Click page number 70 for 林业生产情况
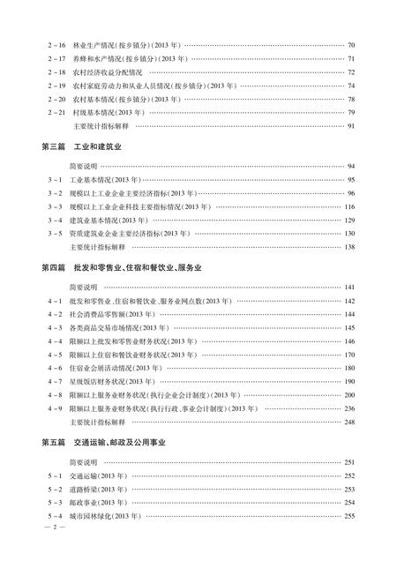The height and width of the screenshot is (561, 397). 351,45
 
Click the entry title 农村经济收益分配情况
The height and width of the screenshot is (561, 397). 105,72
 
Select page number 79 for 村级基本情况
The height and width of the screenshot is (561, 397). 351,113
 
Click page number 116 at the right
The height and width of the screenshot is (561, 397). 349,206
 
